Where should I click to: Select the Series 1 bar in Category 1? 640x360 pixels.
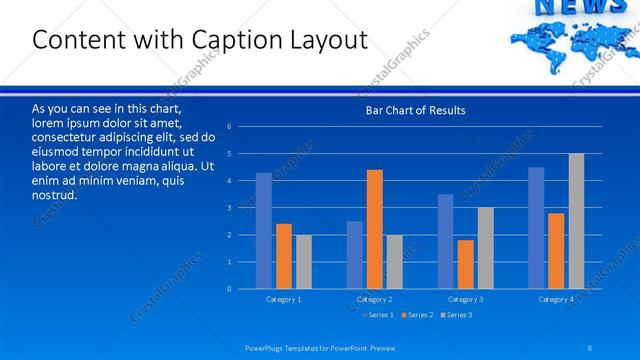pyautogui.click(x=263, y=231)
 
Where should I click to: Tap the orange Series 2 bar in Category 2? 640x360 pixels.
pyautogui.click(x=374, y=229)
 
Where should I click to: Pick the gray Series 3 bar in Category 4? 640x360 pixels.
pyautogui.click(x=576, y=221)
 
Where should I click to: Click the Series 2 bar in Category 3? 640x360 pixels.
pyautogui.click(x=465, y=264)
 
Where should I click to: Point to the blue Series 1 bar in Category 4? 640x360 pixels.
pyautogui.click(x=536, y=228)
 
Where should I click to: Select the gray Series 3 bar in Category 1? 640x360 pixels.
pyautogui.click(x=303, y=262)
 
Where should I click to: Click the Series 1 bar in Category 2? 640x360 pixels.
pyautogui.click(x=355, y=255)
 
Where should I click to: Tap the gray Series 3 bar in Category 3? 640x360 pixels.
pyautogui.click(x=485, y=248)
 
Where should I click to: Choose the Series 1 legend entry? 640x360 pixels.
pyautogui.click(x=378, y=315)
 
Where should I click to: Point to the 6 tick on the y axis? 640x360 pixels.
pyautogui.click(x=229, y=127)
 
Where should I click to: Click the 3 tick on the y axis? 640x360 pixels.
pyautogui.click(x=229, y=208)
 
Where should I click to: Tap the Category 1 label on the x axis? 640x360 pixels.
pyautogui.click(x=283, y=299)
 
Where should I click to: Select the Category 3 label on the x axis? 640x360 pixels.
pyautogui.click(x=465, y=299)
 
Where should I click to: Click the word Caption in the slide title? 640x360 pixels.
pyautogui.click(x=241, y=40)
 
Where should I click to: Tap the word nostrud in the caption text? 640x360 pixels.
pyautogui.click(x=55, y=194)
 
